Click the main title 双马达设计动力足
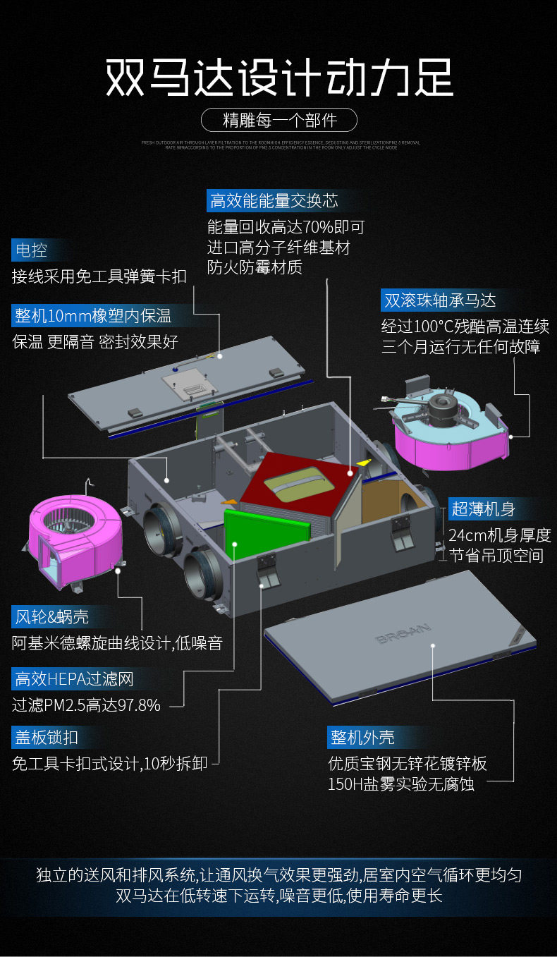tap(278, 78)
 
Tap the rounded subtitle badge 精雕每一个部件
tap(279, 120)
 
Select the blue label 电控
tap(31, 250)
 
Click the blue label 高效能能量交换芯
tap(274, 201)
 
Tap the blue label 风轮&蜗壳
tap(51, 617)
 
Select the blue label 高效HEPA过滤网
tap(73, 679)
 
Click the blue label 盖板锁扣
tap(47, 738)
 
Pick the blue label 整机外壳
tap(362, 738)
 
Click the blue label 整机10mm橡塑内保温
tap(92, 315)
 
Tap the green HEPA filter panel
tap(266, 532)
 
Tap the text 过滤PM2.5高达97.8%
tap(86, 705)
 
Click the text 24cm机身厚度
tap(499, 535)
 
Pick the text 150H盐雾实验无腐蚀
tap(401, 784)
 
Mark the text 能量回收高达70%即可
tap(286, 227)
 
